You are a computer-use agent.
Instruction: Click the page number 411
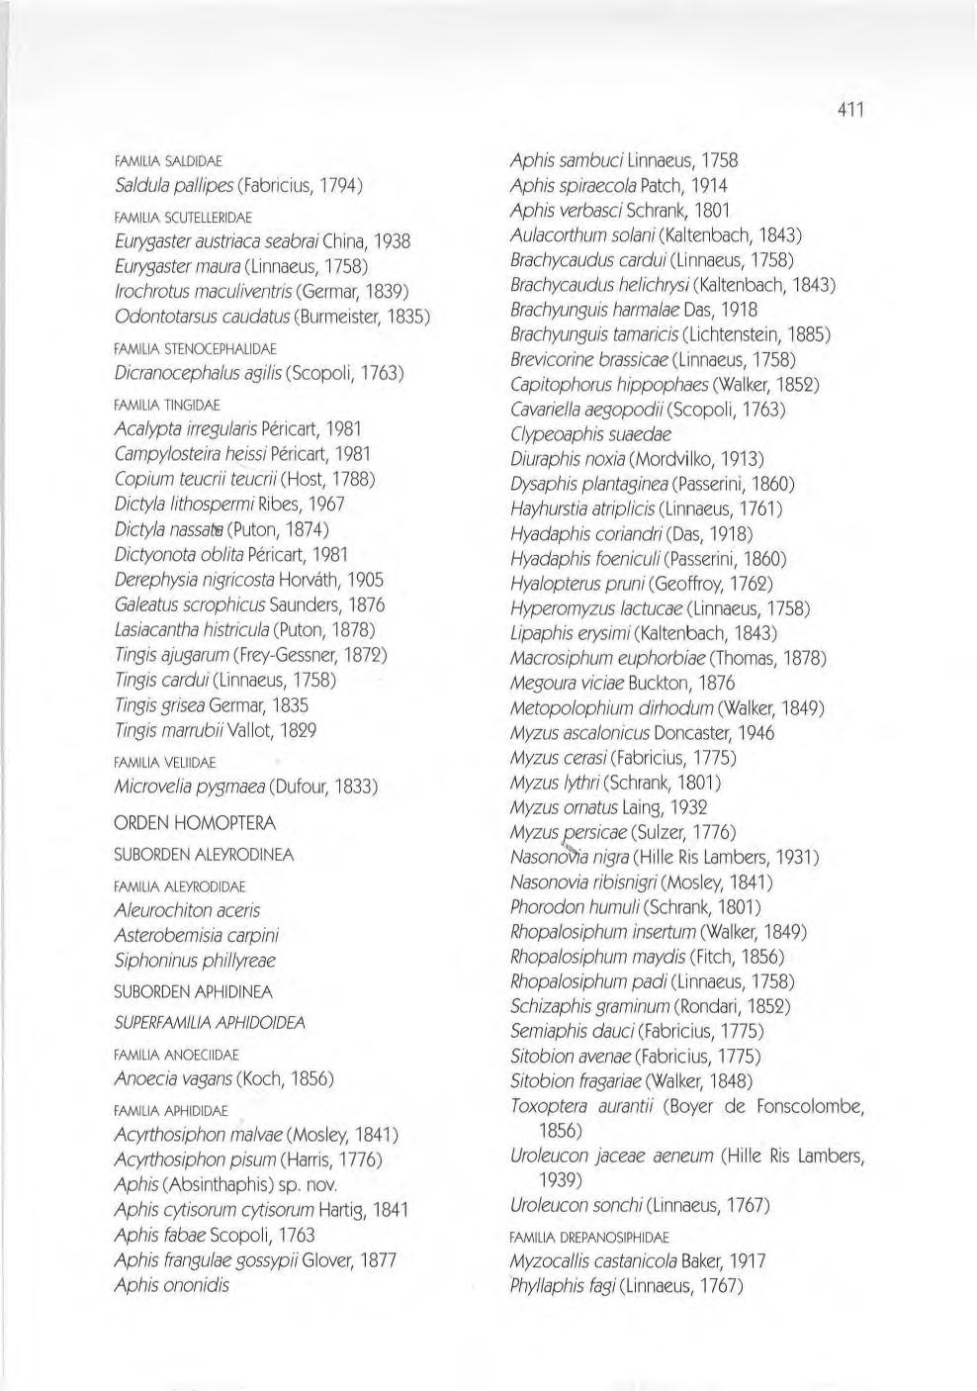click(847, 110)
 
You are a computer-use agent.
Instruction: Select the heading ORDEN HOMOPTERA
click(195, 823)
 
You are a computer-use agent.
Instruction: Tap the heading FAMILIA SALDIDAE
click(168, 160)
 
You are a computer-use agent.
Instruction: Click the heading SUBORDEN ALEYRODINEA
click(204, 855)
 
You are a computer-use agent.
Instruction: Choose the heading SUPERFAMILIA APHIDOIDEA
click(210, 1023)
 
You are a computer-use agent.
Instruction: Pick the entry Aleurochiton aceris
click(187, 910)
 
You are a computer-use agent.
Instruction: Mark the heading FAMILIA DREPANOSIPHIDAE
click(589, 1237)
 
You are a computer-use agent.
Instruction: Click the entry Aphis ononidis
click(172, 1285)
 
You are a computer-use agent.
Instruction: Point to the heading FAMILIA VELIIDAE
click(165, 763)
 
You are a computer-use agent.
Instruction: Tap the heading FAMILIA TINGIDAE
click(167, 405)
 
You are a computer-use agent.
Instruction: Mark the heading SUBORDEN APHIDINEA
click(193, 991)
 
